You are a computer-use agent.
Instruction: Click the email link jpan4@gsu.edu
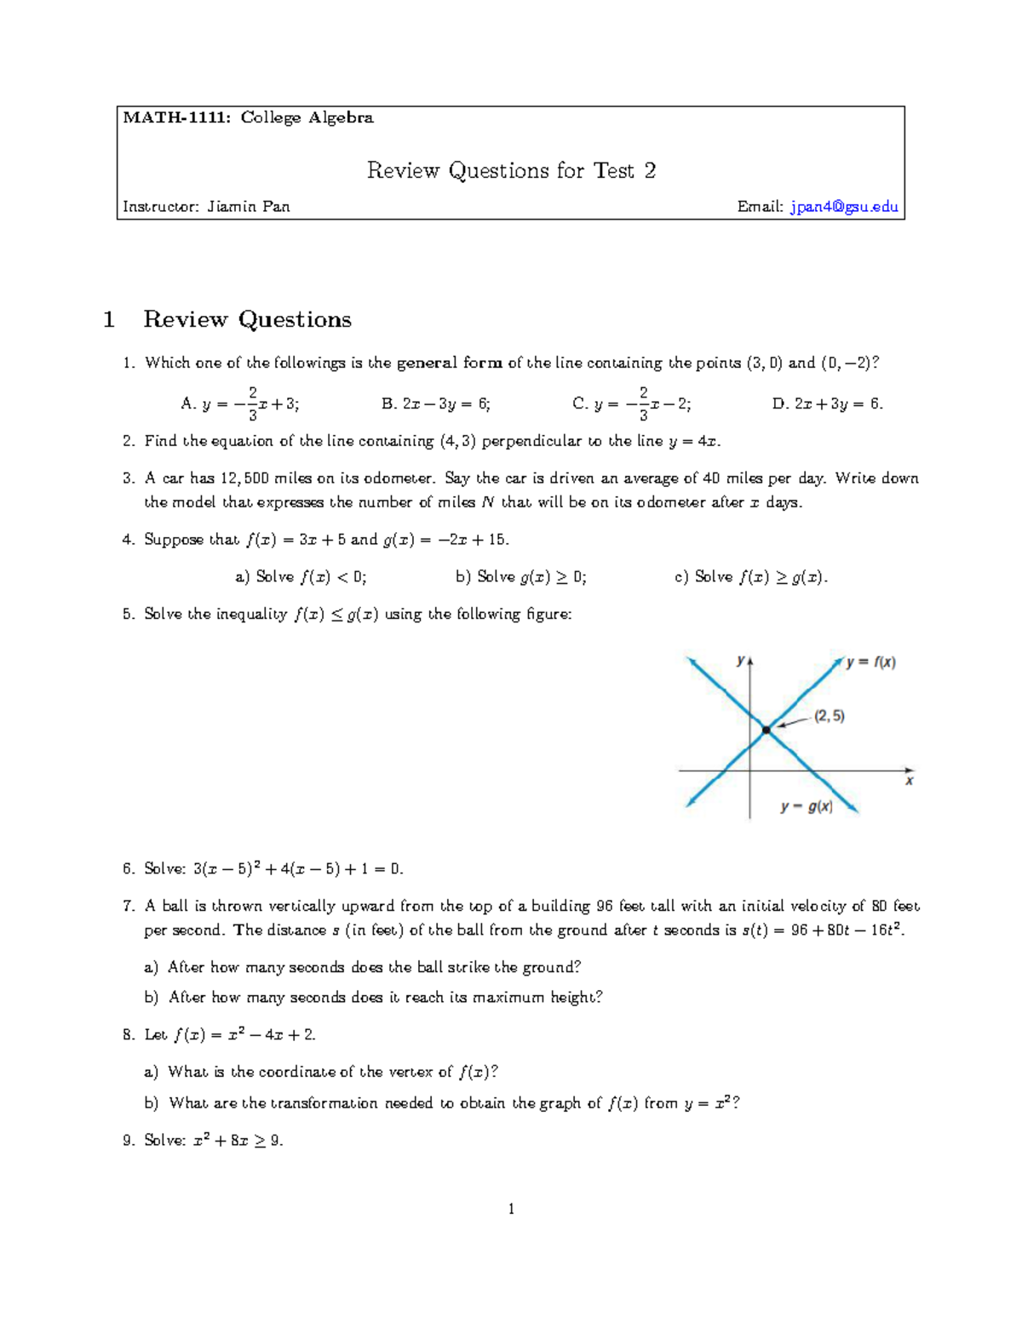click(x=844, y=207)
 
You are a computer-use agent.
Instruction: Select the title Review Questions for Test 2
click(x=511, y=171)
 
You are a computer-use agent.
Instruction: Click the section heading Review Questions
click(x=247, y=320)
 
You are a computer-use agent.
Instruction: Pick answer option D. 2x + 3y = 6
click(x=827, y=404)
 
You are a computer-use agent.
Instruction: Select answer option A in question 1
click(x=239, y=404)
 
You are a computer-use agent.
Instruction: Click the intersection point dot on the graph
click(x=766, y=730)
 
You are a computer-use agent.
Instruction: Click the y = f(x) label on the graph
click(x=870, y=662)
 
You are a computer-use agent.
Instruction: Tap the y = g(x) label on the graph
click(x=807, y=806)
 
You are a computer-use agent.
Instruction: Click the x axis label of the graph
click(x=909, y=781)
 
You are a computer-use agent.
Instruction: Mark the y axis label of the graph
click(x=740, y=660)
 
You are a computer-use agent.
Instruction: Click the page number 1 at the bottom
click(x=511, y=1209)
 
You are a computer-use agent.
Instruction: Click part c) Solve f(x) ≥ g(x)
click(x=750, y=577)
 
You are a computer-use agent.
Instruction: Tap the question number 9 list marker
click(x=129, y=1141)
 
